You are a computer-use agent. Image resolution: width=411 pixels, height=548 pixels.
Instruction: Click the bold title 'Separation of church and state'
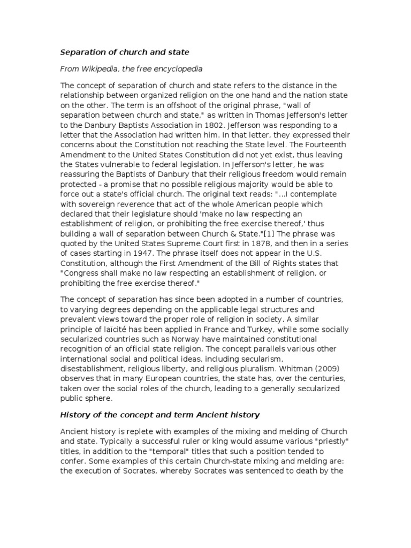click(124, 52)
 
